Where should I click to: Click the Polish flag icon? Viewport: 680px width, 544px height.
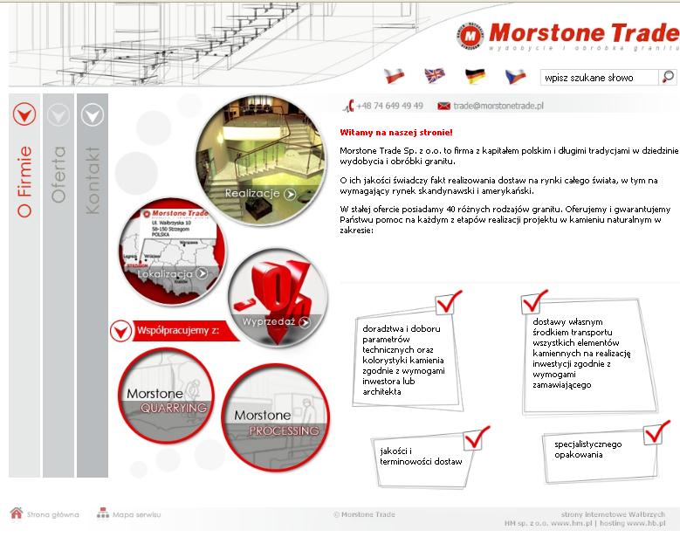pos(395,76)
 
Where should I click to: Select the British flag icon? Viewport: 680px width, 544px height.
pos(435,76)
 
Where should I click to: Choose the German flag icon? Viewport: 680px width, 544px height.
pos(475,76)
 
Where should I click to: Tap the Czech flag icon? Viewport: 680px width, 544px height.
pos(515,76)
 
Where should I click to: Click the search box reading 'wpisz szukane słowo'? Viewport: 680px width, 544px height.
pos(599,78)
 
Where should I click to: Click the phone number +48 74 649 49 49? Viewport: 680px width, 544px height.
pos(389,106)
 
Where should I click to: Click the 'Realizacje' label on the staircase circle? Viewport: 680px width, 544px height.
pos(252,194)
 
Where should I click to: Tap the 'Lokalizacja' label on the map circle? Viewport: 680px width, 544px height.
pos(165,273)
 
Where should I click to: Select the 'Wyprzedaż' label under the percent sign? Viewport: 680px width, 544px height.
pos(269,322)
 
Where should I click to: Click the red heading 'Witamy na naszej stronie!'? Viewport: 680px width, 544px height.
pos(396,133)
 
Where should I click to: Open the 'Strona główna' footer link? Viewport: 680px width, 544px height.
pos(52,514)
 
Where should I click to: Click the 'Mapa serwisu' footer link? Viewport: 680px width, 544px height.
pos(136,514)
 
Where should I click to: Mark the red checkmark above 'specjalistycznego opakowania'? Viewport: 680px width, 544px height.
pos(656,432)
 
